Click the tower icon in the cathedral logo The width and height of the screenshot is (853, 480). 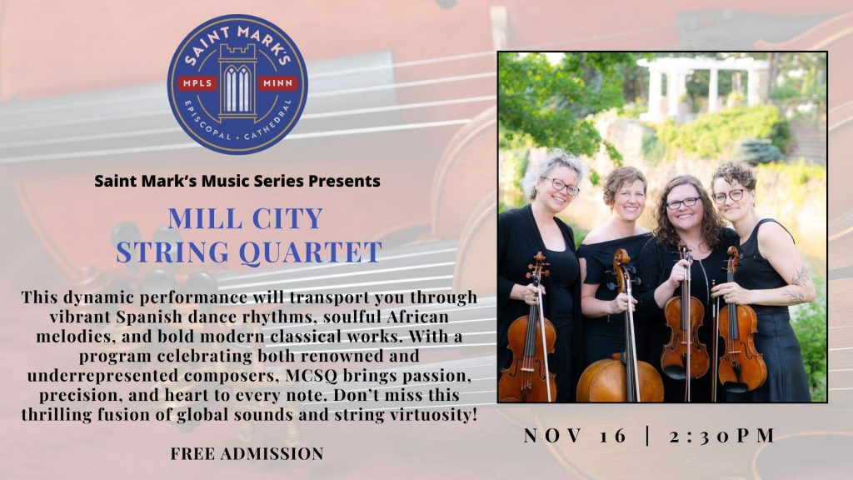[x=237, y=82]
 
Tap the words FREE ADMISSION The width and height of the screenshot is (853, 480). [x=247, y=453]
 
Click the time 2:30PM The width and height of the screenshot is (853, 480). [x=722, y=436]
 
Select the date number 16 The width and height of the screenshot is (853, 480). [x=614, y=436]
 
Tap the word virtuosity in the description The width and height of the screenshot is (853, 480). [x=433, y=415]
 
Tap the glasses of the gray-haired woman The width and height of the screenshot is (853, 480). [x=561, y=186]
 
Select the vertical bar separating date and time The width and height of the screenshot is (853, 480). [x=648, y=436]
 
